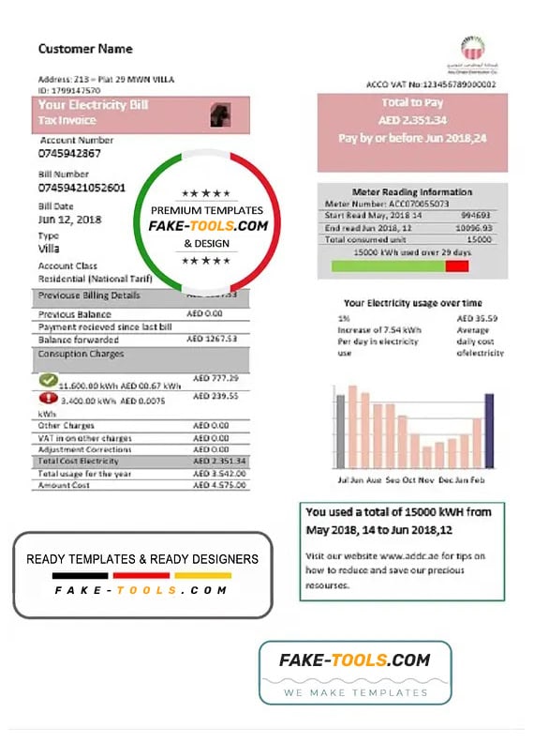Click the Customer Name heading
point(85,49)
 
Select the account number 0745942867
point(69,153)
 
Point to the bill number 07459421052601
point(82,188)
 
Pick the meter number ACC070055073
point(413,203)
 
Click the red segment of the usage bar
point(457,266)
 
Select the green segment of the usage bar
point(388,266)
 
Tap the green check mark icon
point(49,381)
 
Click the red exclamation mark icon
point(48,398)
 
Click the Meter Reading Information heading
point(412,190)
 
